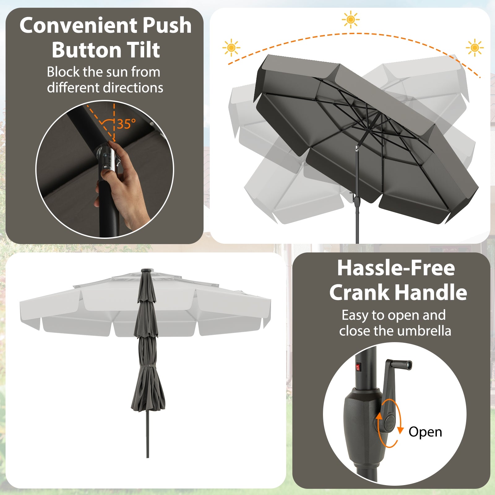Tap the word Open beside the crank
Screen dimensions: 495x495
(x=425, y=432)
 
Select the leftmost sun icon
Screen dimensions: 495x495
(x=231, y=48)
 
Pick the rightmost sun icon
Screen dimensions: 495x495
(x=474, y=48)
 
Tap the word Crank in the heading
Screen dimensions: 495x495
(x=359, y=293)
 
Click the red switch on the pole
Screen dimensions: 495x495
(x=358, y=367)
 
